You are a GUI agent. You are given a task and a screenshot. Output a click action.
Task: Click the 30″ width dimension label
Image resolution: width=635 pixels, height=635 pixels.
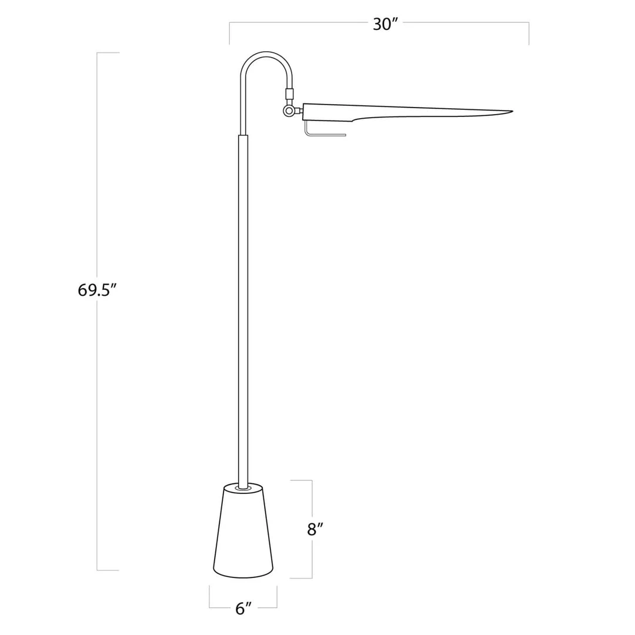point(385,24)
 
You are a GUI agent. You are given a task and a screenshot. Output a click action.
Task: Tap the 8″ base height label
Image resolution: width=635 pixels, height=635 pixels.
point(316,529)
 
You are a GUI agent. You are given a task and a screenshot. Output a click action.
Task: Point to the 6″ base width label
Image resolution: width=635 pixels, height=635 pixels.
point(243,609)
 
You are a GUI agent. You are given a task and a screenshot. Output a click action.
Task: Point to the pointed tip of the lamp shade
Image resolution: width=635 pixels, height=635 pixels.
point(512,111)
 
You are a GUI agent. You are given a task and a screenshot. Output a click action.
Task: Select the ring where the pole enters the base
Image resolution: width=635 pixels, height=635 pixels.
point(243,487)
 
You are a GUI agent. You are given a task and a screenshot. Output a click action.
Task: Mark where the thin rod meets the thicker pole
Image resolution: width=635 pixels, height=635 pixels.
point(243,135)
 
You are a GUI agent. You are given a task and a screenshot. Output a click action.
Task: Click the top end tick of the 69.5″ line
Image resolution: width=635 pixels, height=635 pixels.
point(108,53)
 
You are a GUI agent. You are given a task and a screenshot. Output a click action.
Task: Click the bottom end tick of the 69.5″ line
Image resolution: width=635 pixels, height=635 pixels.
point(108,570)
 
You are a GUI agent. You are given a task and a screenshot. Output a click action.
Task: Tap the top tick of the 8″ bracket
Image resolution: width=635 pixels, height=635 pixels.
point(301,480)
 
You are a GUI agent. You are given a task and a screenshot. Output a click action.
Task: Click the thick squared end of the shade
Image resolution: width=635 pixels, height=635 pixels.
point(304,112)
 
